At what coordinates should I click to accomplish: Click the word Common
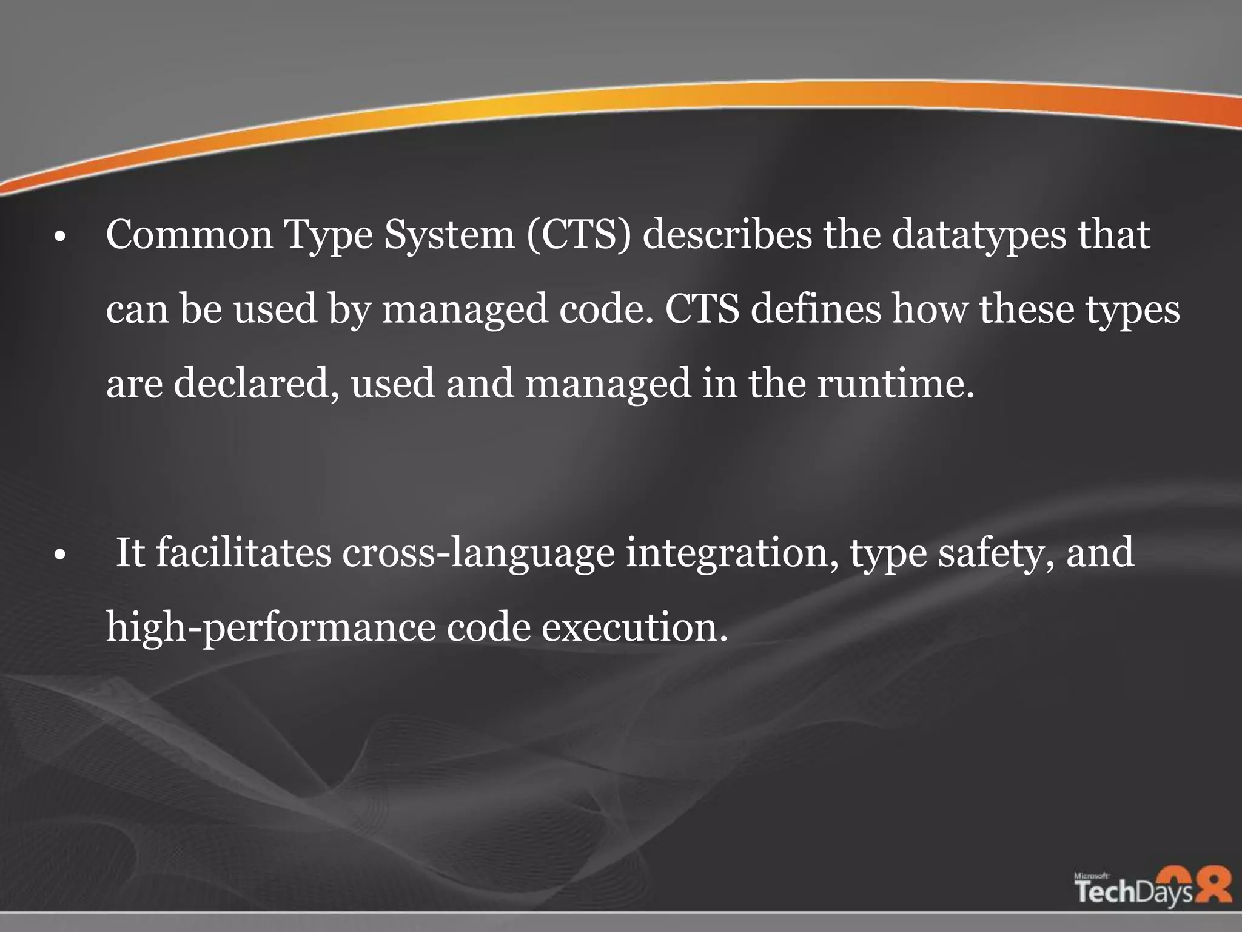[x=189, y=235]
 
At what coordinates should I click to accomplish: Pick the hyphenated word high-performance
[x=270, y=628]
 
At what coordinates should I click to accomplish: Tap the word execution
[x=634, y=628]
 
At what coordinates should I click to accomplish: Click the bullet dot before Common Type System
[x=59, y=238]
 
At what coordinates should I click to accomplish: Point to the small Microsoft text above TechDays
[x=1091, y=876]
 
